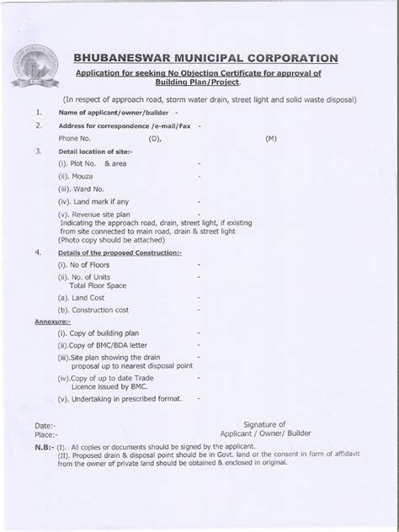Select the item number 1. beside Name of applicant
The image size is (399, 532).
click(x=38, y=111)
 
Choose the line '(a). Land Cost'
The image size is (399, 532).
click(x=83, y=297)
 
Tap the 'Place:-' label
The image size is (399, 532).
click(x=47, y=437)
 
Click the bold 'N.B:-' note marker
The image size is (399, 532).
click(x=45, y=451)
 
